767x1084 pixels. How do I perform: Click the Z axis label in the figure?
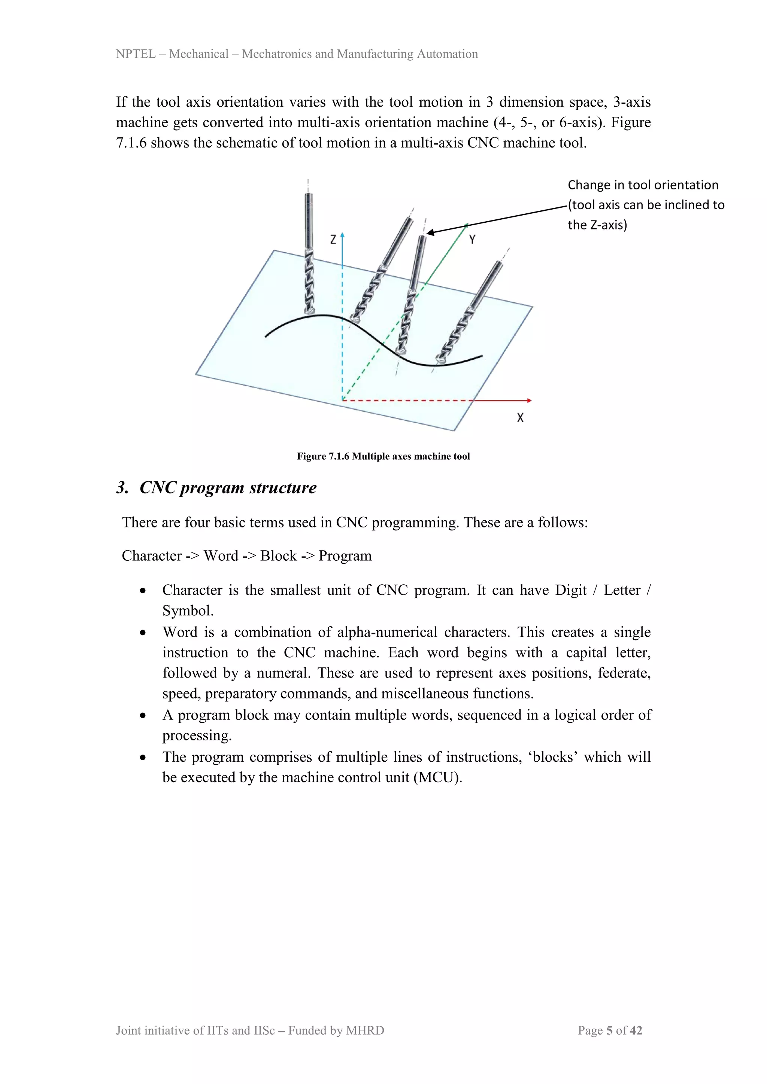coord(333,240)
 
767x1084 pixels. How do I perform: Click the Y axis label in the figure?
coord(472,240)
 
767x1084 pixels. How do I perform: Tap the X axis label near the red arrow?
coord(520,418)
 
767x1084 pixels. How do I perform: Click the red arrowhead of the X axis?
coord(529,401)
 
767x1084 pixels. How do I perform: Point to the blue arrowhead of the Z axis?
coord(342,235)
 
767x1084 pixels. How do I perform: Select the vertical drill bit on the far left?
coord(309,255)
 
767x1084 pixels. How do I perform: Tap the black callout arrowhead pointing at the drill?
coord(430,232)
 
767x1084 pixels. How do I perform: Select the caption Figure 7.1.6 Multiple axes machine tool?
coord(383,456)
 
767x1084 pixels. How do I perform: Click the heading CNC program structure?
coord(228,488)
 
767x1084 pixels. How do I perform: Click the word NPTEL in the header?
coord(136,54)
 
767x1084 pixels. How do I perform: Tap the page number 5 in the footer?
coord(609,1030)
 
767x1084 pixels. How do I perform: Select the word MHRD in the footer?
coord(365,1030)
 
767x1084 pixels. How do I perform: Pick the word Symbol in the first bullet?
coord(188,611)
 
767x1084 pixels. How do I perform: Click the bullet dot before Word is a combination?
coord(143,633)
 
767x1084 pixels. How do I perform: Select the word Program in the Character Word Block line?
coord(345,556)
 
